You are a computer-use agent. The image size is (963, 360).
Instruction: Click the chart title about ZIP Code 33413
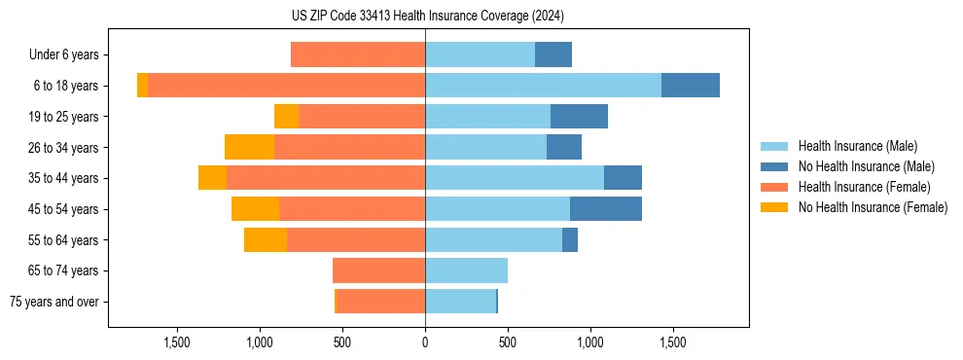(427, 17)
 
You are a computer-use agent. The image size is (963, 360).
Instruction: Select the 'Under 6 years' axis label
(63, 55)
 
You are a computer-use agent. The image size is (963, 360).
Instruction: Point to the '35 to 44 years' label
(65, 178)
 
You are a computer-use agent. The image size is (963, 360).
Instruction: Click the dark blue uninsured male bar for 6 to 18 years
(691, 86)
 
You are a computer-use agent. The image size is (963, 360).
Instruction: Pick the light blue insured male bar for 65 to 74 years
(466, 270)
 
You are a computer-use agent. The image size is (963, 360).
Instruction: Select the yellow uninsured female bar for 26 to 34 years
(249, 147)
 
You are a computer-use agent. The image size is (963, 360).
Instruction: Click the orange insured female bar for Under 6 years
(358, 55)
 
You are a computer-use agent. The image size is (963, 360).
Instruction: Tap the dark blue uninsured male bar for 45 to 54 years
(606, 208)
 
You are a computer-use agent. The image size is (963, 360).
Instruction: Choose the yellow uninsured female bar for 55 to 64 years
(266, 239)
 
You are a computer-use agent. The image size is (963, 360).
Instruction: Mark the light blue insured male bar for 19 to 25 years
(487, 117)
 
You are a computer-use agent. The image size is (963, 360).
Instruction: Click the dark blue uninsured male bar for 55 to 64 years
(570, 239)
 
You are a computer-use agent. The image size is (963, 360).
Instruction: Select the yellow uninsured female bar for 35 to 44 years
(212, 178)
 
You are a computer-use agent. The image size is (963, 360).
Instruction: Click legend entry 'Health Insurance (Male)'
(857, 146)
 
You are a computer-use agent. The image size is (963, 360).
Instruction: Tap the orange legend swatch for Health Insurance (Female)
(774, 187)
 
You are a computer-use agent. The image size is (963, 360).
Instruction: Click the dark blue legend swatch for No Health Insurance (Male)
(774, 166)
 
